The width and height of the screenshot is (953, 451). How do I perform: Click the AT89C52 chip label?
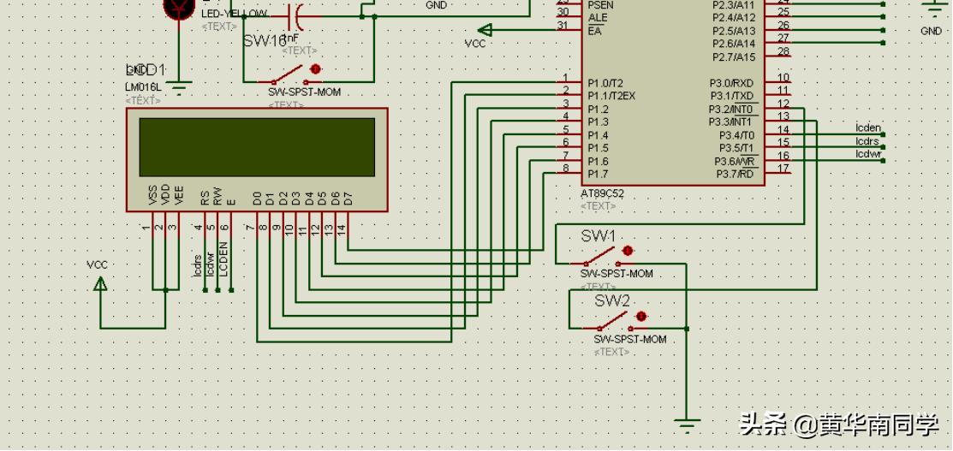pos(602,193)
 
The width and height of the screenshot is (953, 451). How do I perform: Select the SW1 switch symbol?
pos(610,255)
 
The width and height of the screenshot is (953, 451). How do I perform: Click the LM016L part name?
pos(142,87)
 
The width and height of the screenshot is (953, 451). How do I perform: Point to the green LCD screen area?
pos(257,146)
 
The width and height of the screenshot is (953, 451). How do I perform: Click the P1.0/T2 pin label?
pos(606,83)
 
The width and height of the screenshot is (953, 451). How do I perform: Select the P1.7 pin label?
pos(598,174)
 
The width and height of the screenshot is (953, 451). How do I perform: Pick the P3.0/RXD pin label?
pos(731,83)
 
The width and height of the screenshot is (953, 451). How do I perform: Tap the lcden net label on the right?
pos(867,128)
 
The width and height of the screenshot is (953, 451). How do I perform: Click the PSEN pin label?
pos(600,5)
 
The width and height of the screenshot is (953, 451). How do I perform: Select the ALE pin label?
pos(598,18)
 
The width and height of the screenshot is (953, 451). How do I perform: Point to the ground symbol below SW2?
pos(686,422)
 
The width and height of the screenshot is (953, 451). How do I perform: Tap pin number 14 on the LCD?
pos(341,228)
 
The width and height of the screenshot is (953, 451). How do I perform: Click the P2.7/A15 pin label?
pos(734,56)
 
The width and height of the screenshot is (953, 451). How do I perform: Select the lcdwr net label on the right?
pos(867,154)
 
